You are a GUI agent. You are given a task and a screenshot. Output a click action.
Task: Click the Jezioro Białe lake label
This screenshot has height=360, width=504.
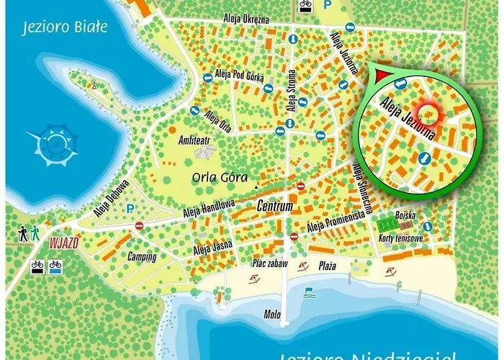tap(65, 27)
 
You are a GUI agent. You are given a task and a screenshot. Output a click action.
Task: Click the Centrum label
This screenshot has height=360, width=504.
tap(275, 207)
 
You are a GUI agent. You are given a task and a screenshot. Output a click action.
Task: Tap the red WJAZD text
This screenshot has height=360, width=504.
tap(63, 243)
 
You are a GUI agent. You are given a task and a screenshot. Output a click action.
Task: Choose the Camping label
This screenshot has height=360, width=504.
tap(142, 257)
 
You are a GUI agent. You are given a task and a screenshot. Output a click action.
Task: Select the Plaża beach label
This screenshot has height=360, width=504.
tap(328, 266)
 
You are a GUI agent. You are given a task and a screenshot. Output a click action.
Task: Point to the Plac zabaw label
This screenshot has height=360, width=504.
tap(270, 264)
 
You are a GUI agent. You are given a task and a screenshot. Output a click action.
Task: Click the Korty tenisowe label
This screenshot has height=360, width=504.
tap(402, 238)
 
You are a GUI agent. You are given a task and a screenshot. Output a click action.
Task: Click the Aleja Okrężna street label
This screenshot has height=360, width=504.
tap(246, 19)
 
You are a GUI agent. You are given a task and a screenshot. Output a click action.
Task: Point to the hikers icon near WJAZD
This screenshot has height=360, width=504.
tap(29, 234)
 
